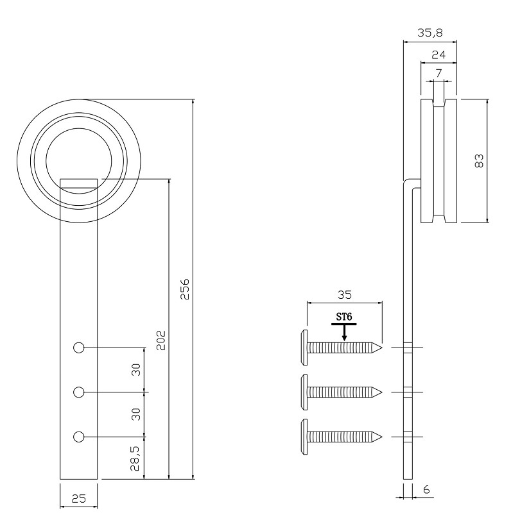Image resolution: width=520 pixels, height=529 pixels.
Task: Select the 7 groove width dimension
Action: coord(438,73)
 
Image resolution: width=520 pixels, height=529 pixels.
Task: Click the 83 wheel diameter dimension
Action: coord(479,160)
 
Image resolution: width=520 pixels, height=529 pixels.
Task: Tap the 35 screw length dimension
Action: coord(344,294)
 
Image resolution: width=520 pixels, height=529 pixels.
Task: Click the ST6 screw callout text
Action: coord(345,317)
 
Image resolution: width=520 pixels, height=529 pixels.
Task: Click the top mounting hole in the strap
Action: coord(79,348)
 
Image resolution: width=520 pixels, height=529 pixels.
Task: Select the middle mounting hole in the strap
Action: coord(79,392)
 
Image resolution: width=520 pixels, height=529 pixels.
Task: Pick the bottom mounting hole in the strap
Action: coord(79,437)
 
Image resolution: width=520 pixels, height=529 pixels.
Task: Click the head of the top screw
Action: coord(303,348)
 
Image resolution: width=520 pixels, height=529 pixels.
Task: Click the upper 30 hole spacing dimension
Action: coord(136,370)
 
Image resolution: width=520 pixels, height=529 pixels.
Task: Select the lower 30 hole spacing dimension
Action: coord(136,414)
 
